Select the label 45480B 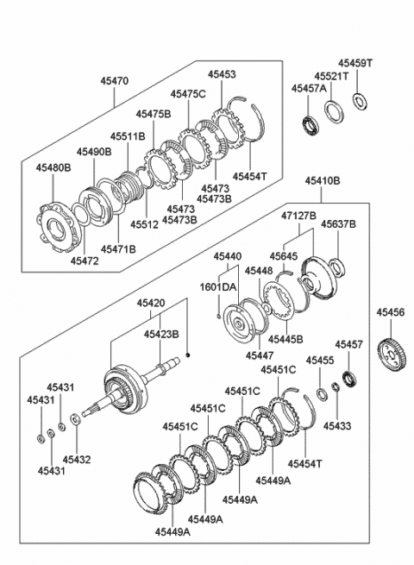(53, 167)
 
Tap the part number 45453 (221, 76)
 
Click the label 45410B (322, 182)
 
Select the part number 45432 (77, 460)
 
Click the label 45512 (145, 224)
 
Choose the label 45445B (285, 339)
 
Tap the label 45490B (94, 153)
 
